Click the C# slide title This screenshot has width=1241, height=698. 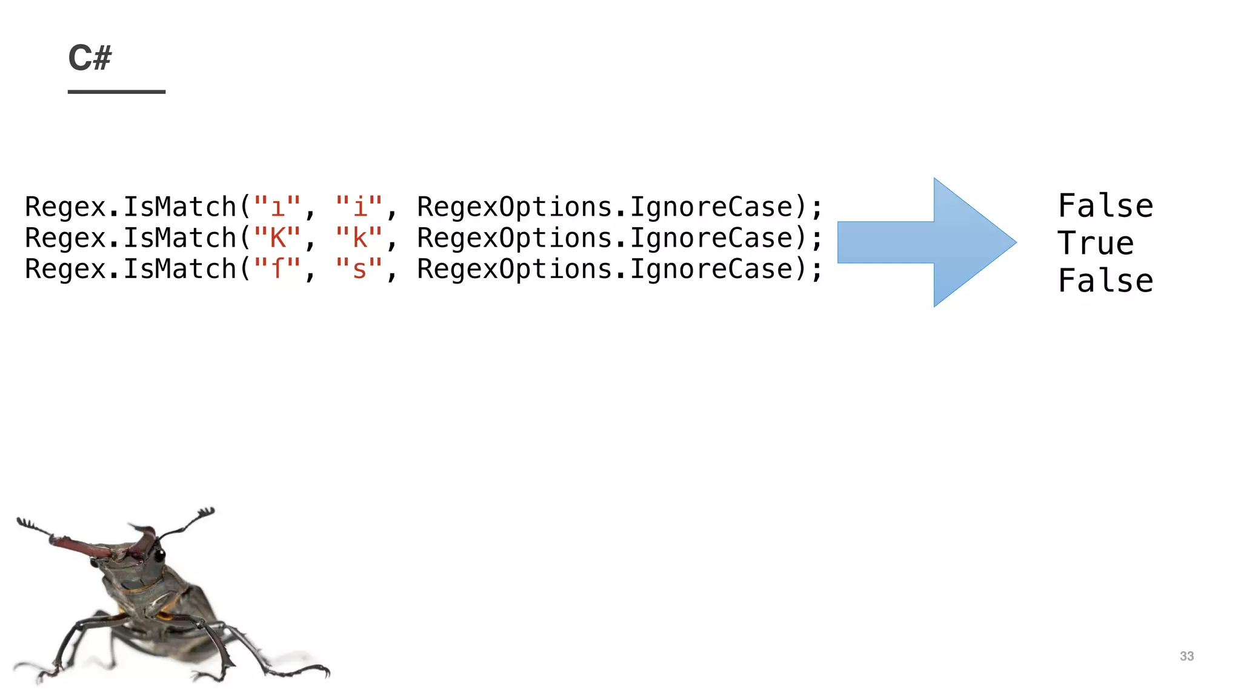coord(90,58)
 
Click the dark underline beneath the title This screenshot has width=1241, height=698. coord(116,91)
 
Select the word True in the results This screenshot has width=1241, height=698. coord(1095,244)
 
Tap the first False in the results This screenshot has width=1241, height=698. coord(1105,206)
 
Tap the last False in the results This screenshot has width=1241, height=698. coord(1105,281)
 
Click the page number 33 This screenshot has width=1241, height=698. coord(1186,656)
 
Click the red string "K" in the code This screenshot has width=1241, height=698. coord(278,238)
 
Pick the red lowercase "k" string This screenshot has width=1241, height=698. coord(359,238)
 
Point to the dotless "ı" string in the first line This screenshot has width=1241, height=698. coord(278,207)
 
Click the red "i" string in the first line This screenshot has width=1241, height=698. coord(359,207)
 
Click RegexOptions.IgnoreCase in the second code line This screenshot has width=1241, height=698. coord(605,238)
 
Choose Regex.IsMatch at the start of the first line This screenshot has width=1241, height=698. coord(130,207)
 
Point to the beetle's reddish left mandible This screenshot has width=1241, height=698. coord(79,545)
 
